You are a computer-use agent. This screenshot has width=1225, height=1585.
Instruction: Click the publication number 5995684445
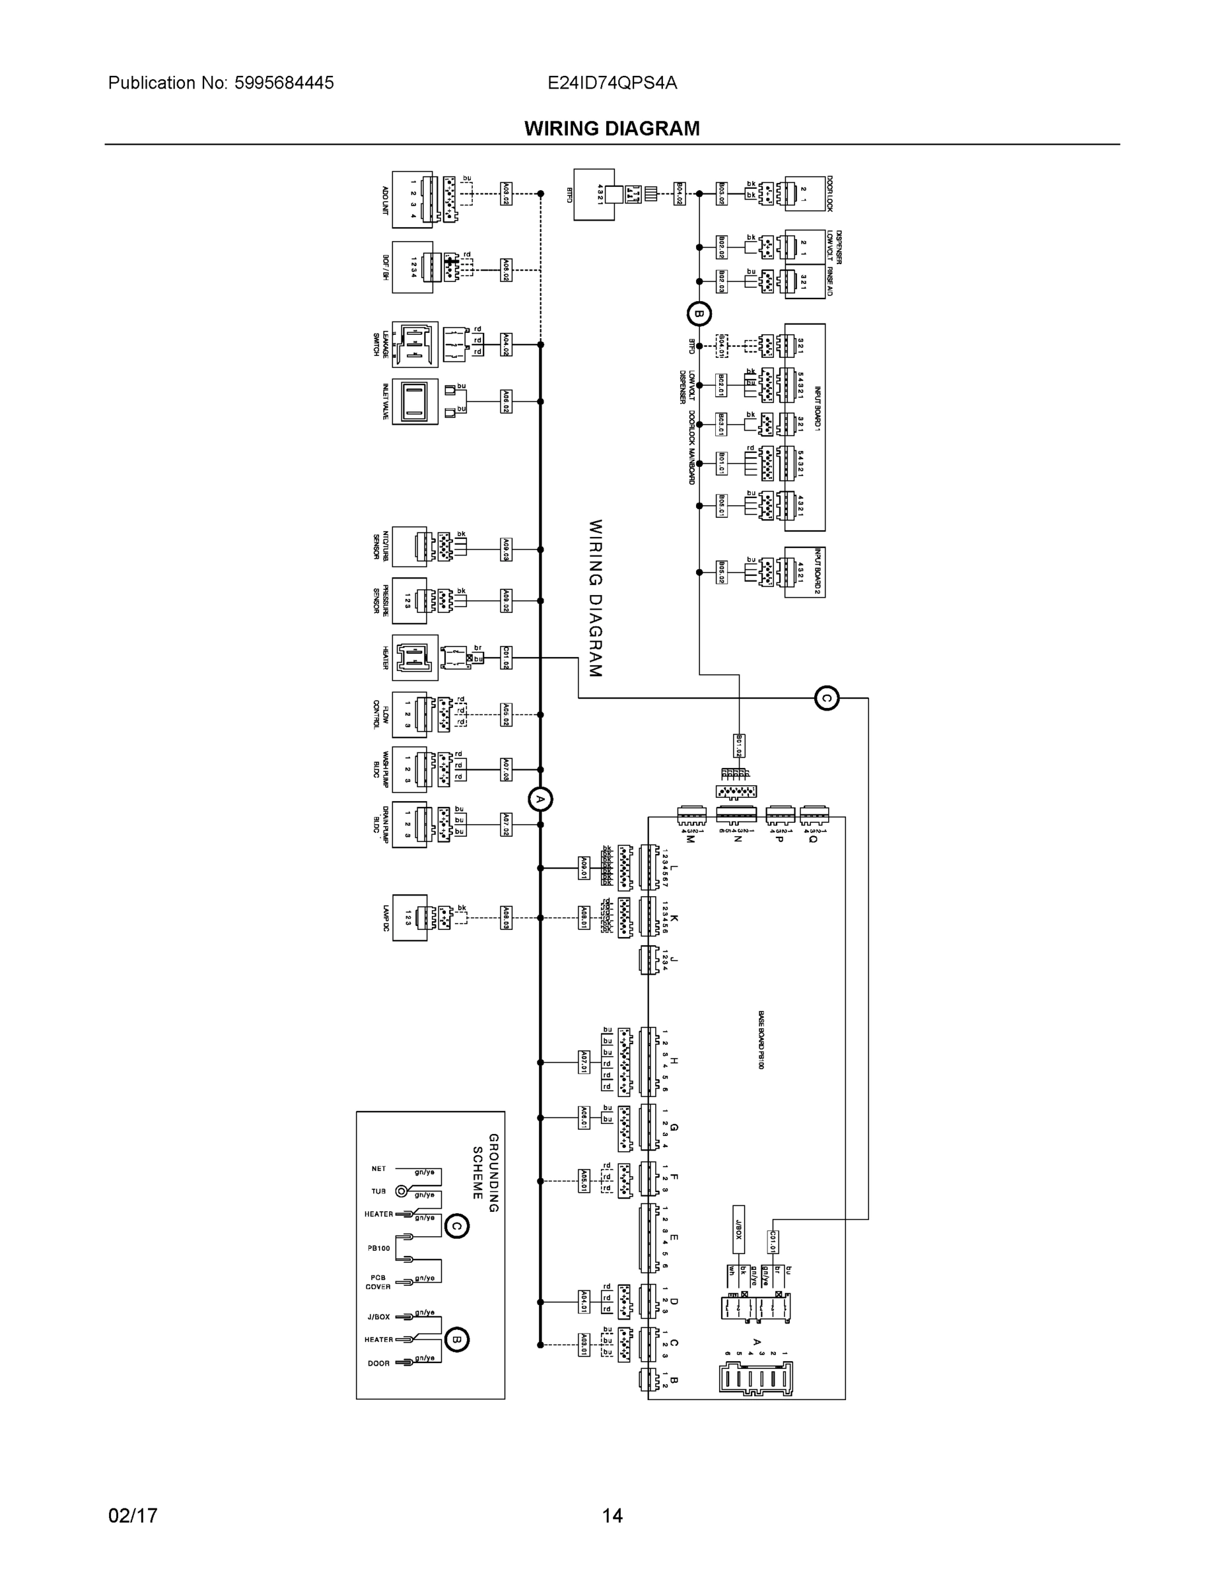[x=284, y=83]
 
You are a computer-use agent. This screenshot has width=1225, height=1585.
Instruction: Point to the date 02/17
[x=133, y=1516]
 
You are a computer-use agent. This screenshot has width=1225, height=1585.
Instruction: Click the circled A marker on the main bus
[x=540, y=799]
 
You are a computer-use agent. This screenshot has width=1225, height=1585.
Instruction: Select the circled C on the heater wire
[x=826, y=698]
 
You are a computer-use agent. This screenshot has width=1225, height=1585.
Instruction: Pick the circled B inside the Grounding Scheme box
[x=456, y=1339]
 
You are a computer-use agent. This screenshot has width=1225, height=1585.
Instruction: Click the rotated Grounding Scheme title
[x=485, y=1173]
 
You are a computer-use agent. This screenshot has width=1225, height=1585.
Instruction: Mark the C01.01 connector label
[x=773, y=1242]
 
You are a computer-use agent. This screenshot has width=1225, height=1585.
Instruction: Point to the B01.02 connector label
[x=739, y=746]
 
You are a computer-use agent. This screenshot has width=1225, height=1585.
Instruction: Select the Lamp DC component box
[x=409, y=918]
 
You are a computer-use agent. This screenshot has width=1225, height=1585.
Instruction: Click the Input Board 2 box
[x=805, y=573]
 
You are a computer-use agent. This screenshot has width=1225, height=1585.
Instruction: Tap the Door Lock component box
[x=805, y=193]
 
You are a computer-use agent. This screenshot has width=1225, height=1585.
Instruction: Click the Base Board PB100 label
[x=761, y=1039]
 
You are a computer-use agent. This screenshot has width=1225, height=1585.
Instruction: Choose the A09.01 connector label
[x=584, y=868]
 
